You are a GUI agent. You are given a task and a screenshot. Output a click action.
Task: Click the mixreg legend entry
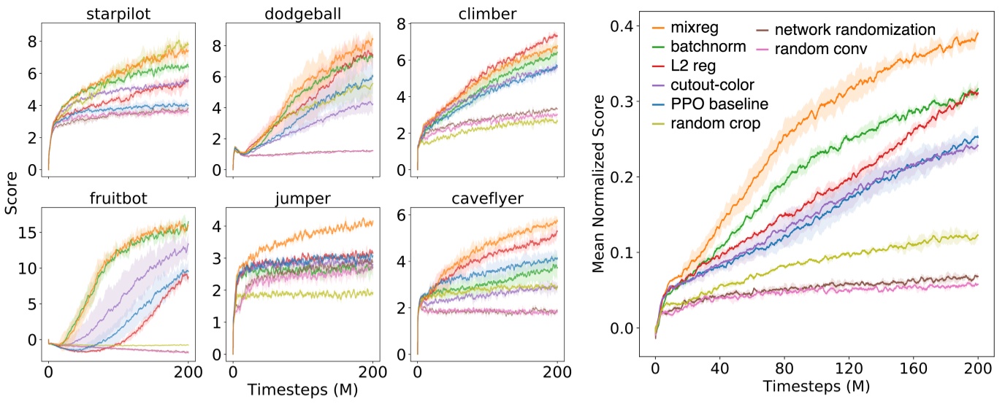698,30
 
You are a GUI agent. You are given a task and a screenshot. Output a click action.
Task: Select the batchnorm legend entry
708,48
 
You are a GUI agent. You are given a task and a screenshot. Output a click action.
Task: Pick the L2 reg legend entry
698,67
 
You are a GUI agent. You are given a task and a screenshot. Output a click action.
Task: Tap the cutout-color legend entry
712,85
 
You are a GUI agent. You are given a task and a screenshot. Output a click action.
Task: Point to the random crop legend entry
714,123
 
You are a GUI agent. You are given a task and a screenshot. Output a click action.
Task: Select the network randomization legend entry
855,30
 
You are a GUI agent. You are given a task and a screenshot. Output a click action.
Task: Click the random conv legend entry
822,49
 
